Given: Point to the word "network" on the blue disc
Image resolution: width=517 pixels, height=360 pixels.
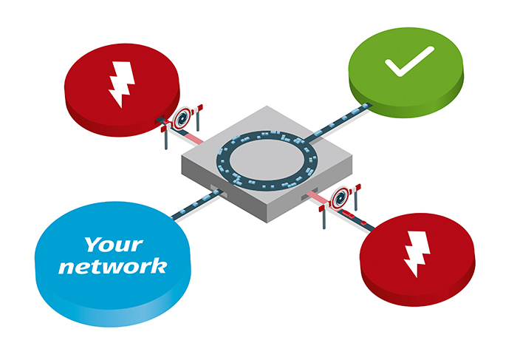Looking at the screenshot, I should [112, 266].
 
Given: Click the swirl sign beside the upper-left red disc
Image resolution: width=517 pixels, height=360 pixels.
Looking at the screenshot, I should [183, 118].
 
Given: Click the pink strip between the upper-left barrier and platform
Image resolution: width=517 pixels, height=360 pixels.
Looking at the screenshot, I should [195, 137].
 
